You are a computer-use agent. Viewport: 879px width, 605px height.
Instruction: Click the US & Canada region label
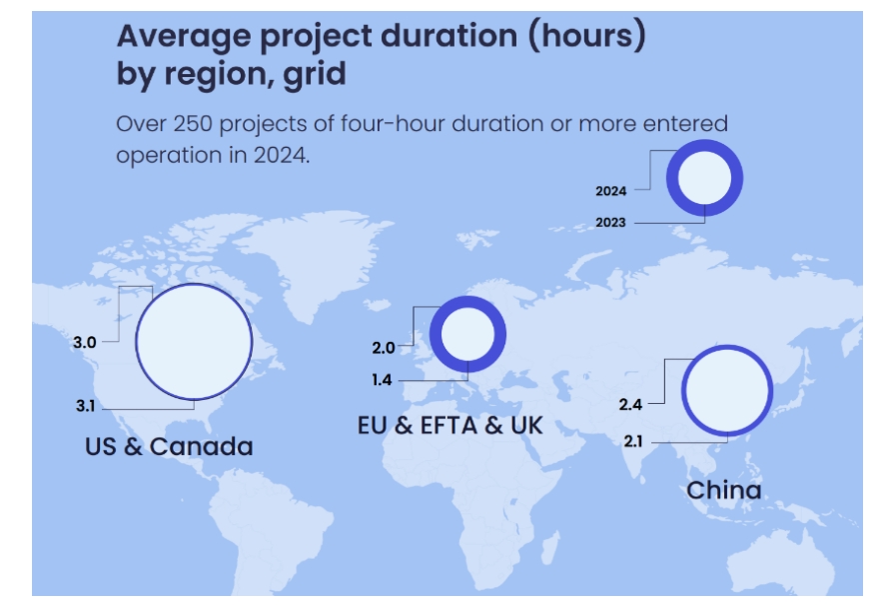tap(168, 446)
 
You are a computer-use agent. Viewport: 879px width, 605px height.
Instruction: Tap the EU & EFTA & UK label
tap(449, 425)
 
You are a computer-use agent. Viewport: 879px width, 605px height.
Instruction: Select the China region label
tap(724, 490)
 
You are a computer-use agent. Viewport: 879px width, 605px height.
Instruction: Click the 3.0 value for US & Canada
tap(85, 342)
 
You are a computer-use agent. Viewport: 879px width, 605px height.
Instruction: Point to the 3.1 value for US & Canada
tap(85, 407)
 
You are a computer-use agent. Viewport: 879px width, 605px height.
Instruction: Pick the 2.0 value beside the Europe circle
tap(384, 348)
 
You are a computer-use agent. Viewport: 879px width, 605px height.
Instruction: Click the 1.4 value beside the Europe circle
tap(384, 381)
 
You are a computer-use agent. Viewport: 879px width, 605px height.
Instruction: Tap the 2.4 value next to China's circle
tap(630, 404)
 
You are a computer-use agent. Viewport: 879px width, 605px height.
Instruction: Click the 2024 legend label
tap(610, 190)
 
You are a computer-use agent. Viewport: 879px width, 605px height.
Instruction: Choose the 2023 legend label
tap(610, 222)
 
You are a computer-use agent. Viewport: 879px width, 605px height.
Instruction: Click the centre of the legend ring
tap(705, 179)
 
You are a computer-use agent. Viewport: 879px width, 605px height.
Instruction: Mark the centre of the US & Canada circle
tap(194, 341)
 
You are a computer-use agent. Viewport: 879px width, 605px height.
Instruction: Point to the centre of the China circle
tap(727, 390)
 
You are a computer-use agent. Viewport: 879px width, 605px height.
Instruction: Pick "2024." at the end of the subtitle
tap(282, 157)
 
